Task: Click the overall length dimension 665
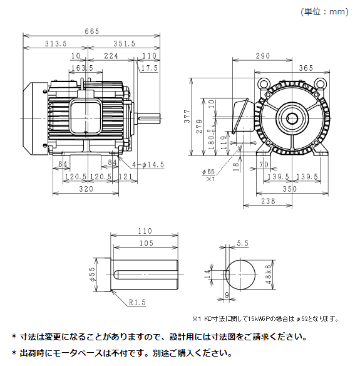pos(92,32)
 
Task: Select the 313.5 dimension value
pos(56,43)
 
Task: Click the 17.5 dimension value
pos(149,68)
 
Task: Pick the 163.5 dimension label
pos(82,68)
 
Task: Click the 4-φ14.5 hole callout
pos(147,164)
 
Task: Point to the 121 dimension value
pos(125,177)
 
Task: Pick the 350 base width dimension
pos(289,188)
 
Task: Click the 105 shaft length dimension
pos(146,243)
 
